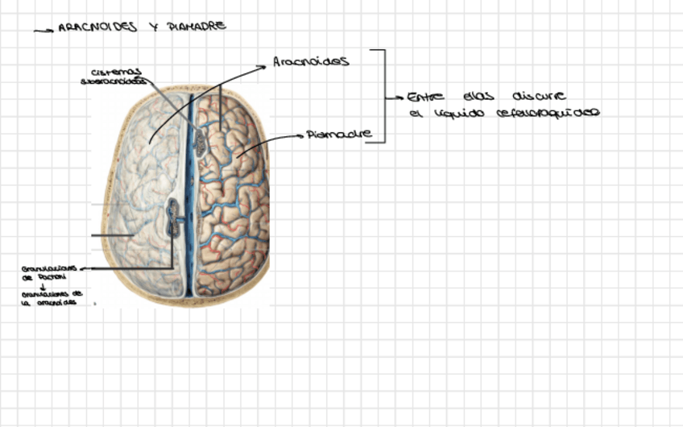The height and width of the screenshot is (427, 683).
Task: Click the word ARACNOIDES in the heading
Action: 97,27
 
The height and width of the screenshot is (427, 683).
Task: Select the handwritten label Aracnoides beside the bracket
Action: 310,61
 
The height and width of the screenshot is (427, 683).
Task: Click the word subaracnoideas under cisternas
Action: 114,81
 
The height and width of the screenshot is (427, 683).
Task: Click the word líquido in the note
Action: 457,114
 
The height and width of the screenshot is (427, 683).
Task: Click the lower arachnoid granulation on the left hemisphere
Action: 173,218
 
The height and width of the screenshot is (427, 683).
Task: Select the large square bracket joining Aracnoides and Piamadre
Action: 384,96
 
